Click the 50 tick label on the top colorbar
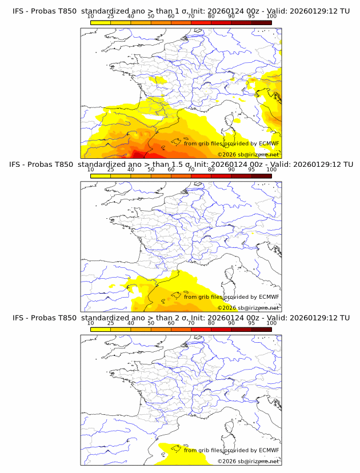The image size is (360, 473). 151,16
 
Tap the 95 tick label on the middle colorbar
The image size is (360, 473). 251,170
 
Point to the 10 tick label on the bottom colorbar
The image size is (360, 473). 91,323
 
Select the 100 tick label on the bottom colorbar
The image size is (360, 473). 271,323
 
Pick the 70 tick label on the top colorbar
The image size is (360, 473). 191,16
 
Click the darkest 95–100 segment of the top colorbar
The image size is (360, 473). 261,22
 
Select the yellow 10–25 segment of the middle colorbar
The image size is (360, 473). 101,176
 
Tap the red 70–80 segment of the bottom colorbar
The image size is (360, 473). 201,329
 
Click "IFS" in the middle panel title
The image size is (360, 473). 18,165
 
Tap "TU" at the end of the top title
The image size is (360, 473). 345,11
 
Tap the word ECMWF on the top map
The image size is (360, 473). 269,143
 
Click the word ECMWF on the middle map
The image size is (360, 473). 269,296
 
